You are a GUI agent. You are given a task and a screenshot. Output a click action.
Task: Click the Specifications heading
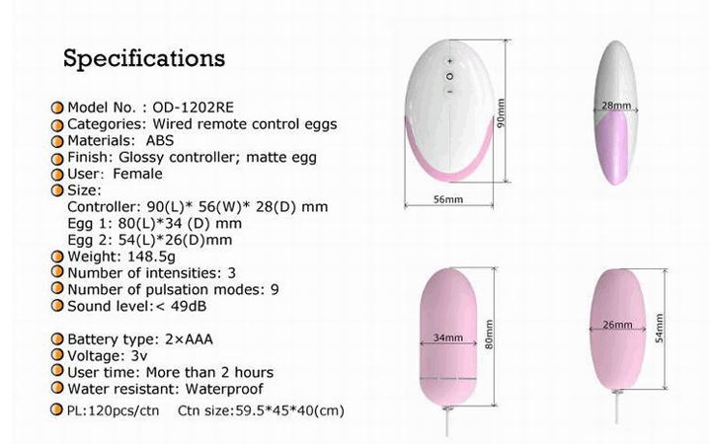point(144,59)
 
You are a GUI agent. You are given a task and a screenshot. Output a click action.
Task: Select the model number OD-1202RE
point(193,108)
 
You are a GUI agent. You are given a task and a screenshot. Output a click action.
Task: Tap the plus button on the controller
point(449,60)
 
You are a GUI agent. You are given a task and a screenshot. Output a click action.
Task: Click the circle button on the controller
point(449,77)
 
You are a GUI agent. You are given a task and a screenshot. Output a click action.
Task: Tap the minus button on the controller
point(450,92)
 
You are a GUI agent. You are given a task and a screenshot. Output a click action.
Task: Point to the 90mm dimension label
point(501,113)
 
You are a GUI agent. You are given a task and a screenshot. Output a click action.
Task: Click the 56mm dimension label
point(448,199)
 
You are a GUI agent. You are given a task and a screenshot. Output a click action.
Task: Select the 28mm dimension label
point(616,106)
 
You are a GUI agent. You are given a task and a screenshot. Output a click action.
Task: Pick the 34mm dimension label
point(448,337)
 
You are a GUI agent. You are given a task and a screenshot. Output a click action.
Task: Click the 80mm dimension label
point(489,334)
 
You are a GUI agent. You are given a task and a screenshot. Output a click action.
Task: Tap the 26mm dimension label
point(617,325)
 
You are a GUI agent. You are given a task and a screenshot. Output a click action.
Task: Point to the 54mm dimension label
point(660,328)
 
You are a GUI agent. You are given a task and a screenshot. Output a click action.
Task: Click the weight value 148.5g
point(151,257)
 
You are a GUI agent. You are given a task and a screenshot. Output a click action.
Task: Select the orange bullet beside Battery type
point(57,338)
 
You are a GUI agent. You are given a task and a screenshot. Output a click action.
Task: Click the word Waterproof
point(224,389)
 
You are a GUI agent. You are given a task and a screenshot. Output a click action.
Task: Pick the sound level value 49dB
point(189,307)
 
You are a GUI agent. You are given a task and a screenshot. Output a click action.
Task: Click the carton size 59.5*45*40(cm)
point(289,411)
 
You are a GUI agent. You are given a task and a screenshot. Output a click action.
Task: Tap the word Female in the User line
point(137,174)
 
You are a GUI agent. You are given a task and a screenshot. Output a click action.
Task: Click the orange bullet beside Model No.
point(57,108)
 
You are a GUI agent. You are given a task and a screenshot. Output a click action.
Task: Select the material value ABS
point(160,141)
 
